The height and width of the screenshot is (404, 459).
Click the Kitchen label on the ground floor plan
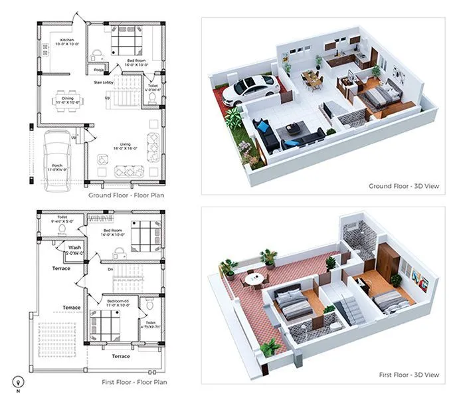point(67,40)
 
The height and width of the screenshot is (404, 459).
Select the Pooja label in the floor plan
point(98,69)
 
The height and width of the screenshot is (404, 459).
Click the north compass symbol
point(18,381)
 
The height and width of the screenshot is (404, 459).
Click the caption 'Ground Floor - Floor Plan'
point(126,195)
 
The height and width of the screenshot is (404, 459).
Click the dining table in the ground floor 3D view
point(312,78)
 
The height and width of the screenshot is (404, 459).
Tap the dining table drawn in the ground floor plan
point(66,102)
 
